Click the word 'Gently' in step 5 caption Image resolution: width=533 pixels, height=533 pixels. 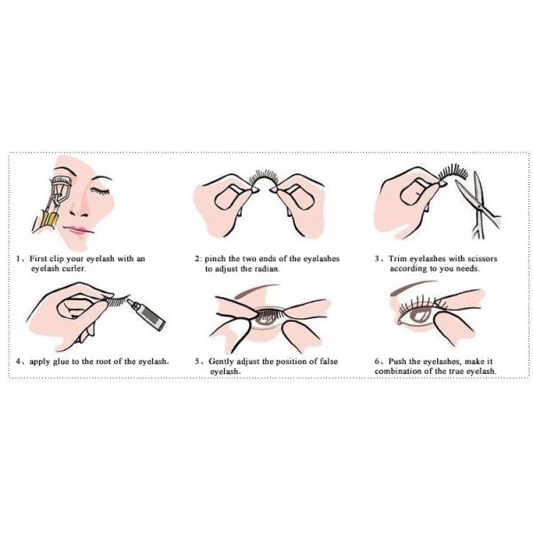pos(226,362)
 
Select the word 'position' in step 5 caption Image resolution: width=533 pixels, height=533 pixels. pos(300,362)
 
